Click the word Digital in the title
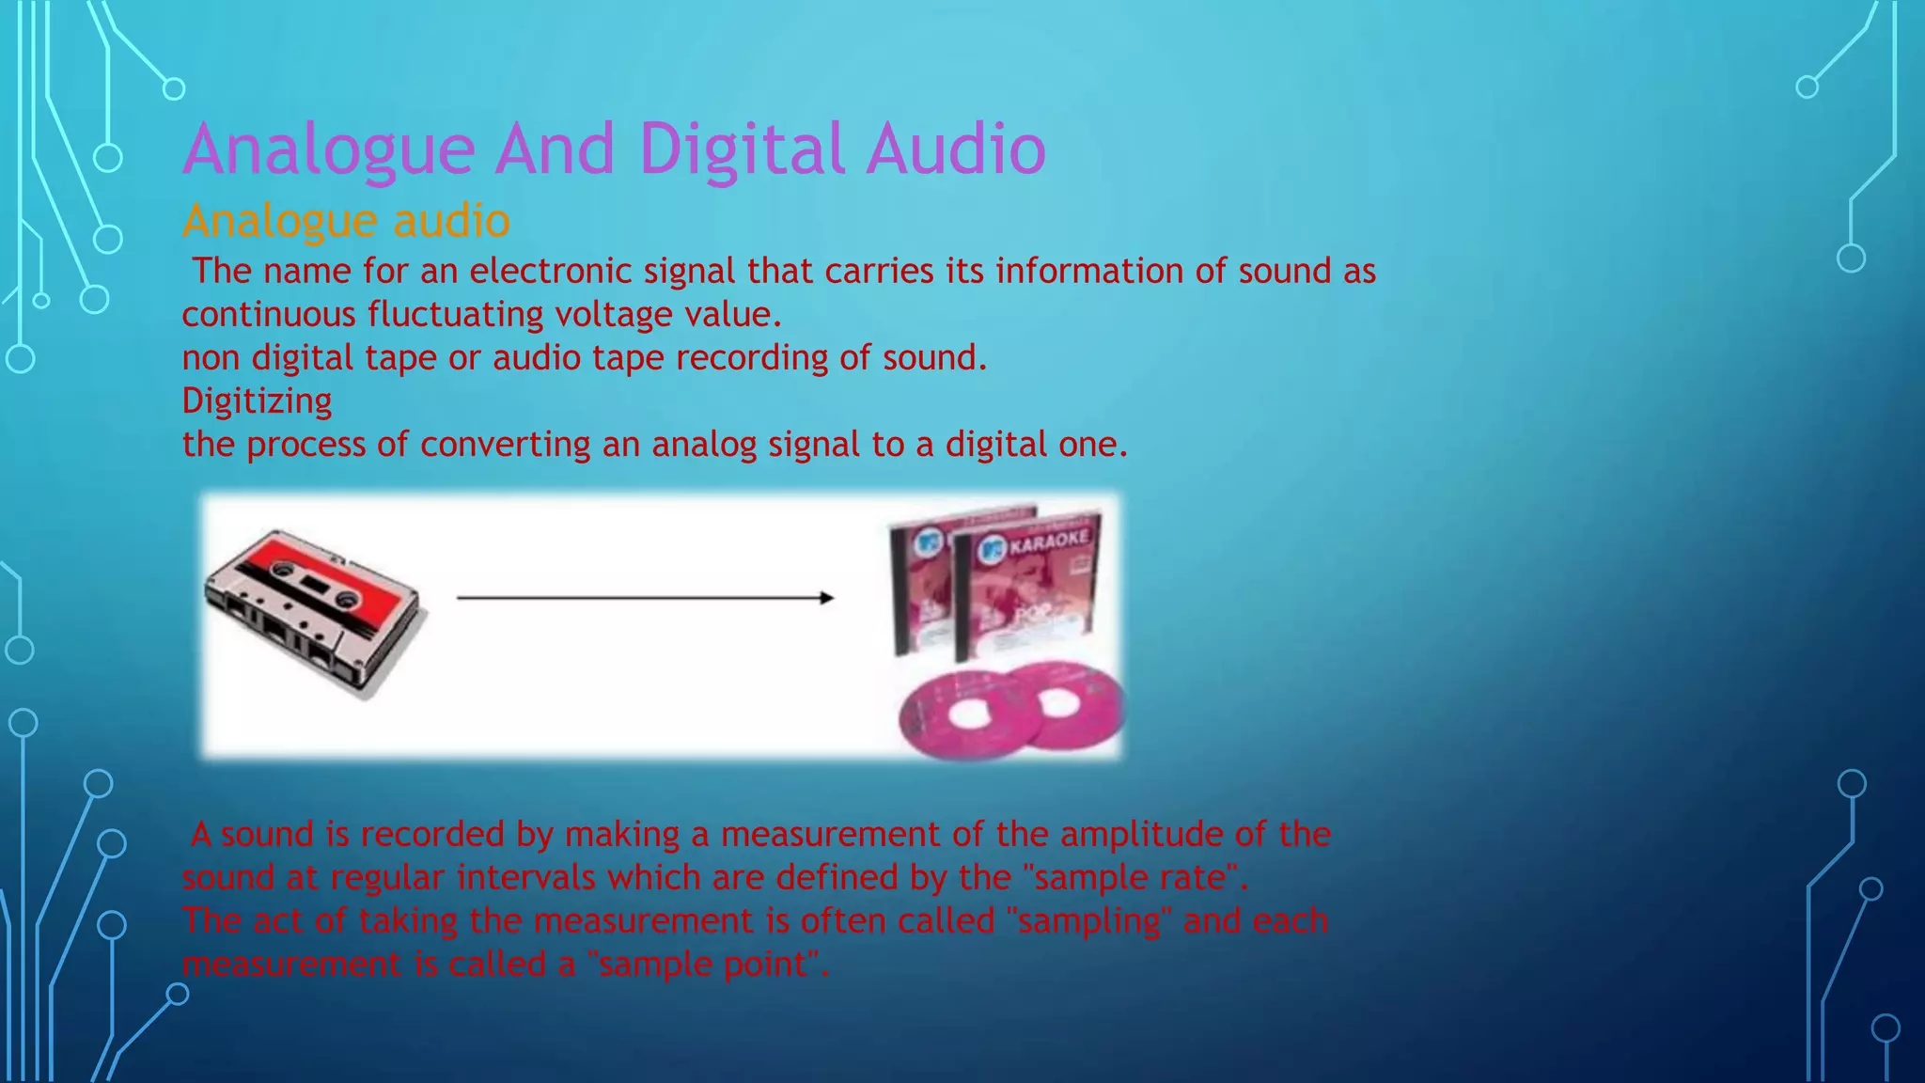[x=742, y=149]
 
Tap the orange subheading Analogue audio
[x=346, y=222]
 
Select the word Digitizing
[x=257, y=401]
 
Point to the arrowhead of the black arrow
[x=826, y=598]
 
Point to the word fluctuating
[x=455, y=315]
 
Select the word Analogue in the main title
[x=329, y=149]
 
